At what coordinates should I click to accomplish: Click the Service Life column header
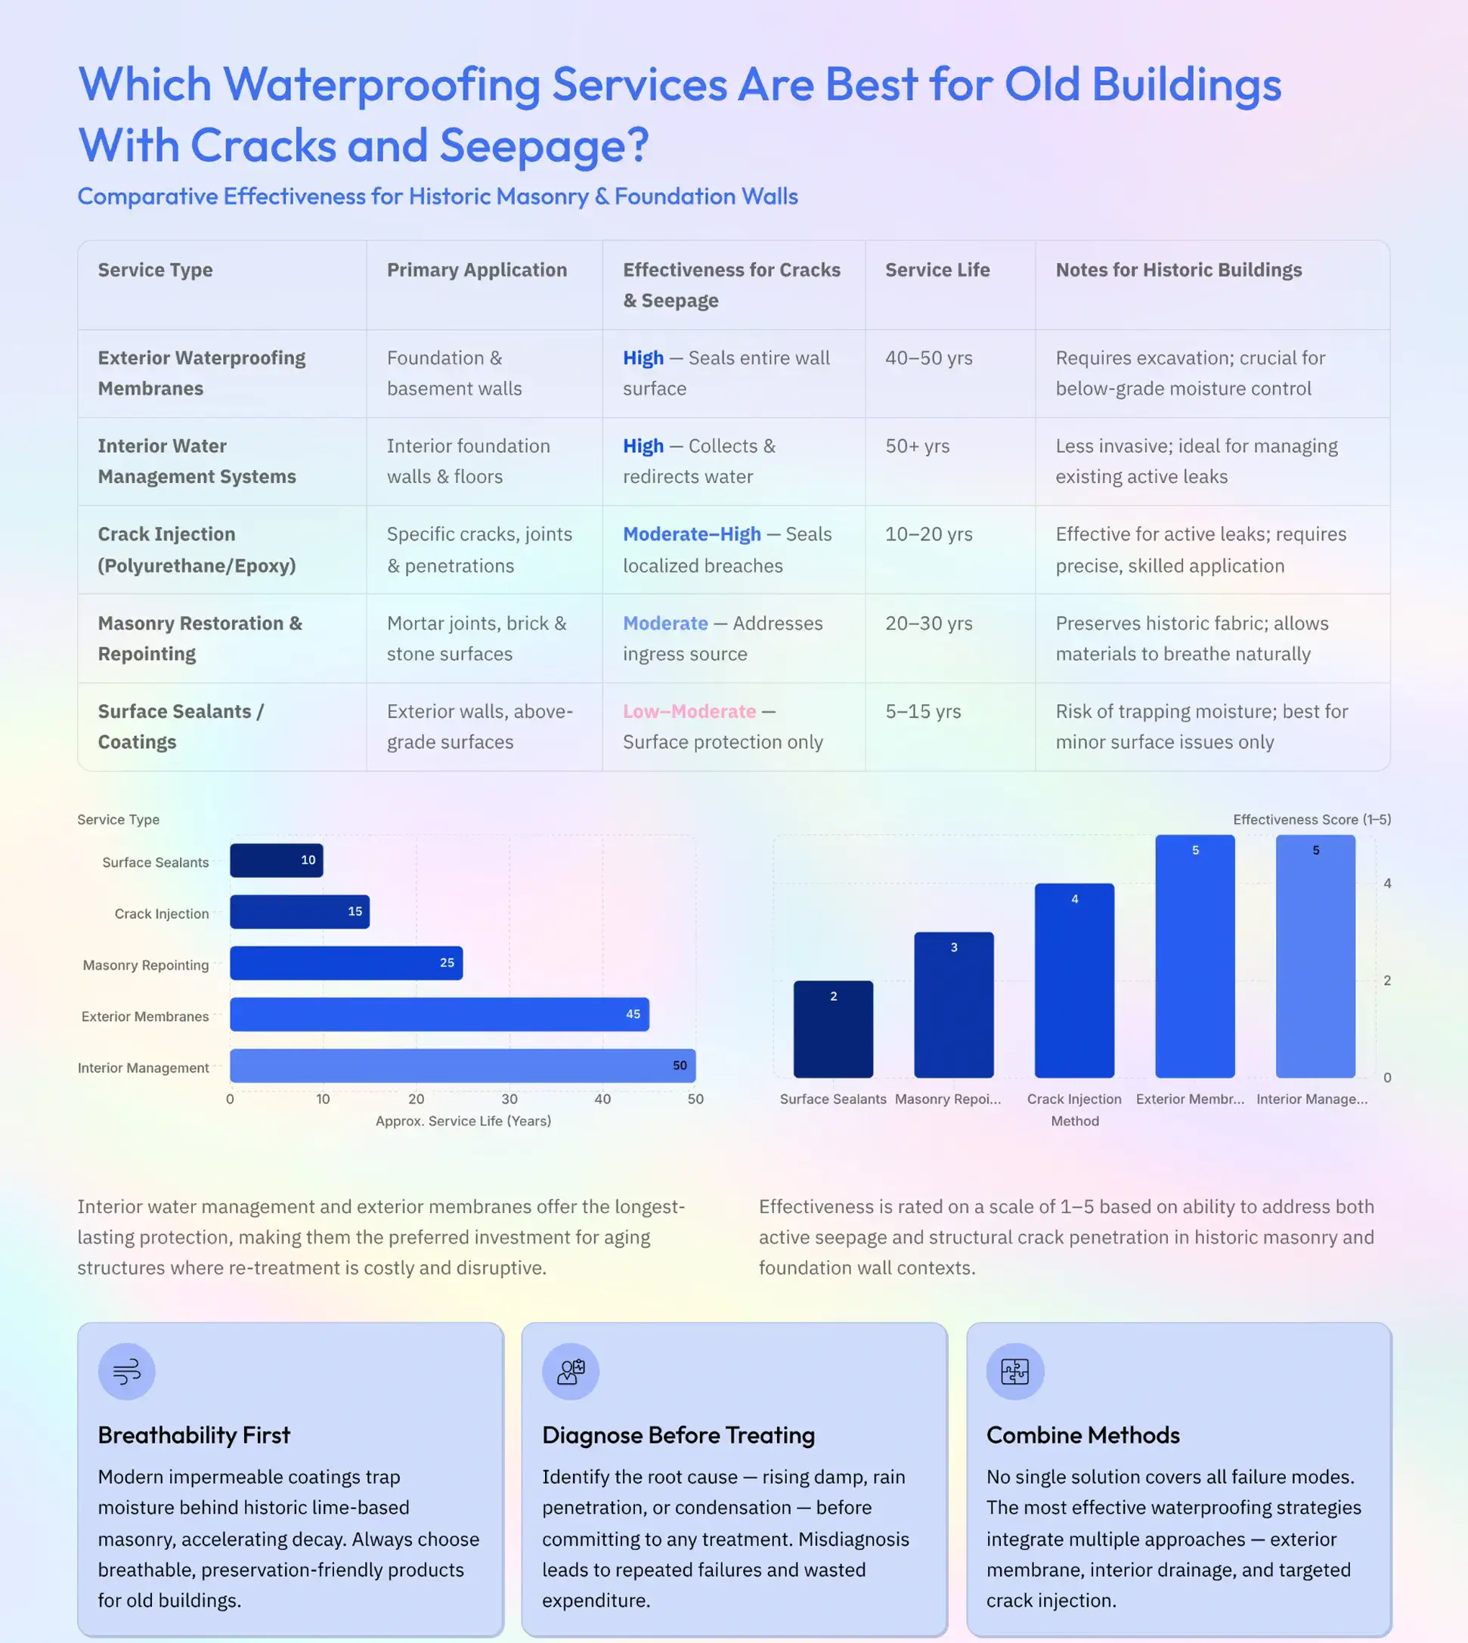pos(937,271)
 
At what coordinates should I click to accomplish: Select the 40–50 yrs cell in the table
pos(928,358)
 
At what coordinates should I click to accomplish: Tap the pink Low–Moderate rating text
pos(689,711)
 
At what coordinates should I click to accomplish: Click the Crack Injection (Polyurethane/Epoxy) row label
pos(197,550)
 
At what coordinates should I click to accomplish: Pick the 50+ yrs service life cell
pos(917,446)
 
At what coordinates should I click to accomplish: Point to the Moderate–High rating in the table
pos(691,534)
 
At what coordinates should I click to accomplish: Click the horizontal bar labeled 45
pos(440,1015)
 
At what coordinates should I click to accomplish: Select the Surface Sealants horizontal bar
pos(277,861)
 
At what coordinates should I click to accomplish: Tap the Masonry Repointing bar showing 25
pos(346,963)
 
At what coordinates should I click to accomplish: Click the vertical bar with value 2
pos(833,1029)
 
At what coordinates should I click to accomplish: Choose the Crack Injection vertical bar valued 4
pos(1074,981)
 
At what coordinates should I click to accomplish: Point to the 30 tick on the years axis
pos(509,1100)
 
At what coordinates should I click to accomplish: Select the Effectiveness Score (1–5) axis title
pos(1312,819)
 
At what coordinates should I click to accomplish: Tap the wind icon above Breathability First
pos(127,1371)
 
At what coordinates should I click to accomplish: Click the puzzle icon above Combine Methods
pos(1014,1371)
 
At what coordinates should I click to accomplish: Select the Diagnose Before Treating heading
pos(678,1436)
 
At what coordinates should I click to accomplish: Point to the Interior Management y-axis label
pos(143,1068)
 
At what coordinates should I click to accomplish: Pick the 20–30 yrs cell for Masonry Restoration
pos(928,623)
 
